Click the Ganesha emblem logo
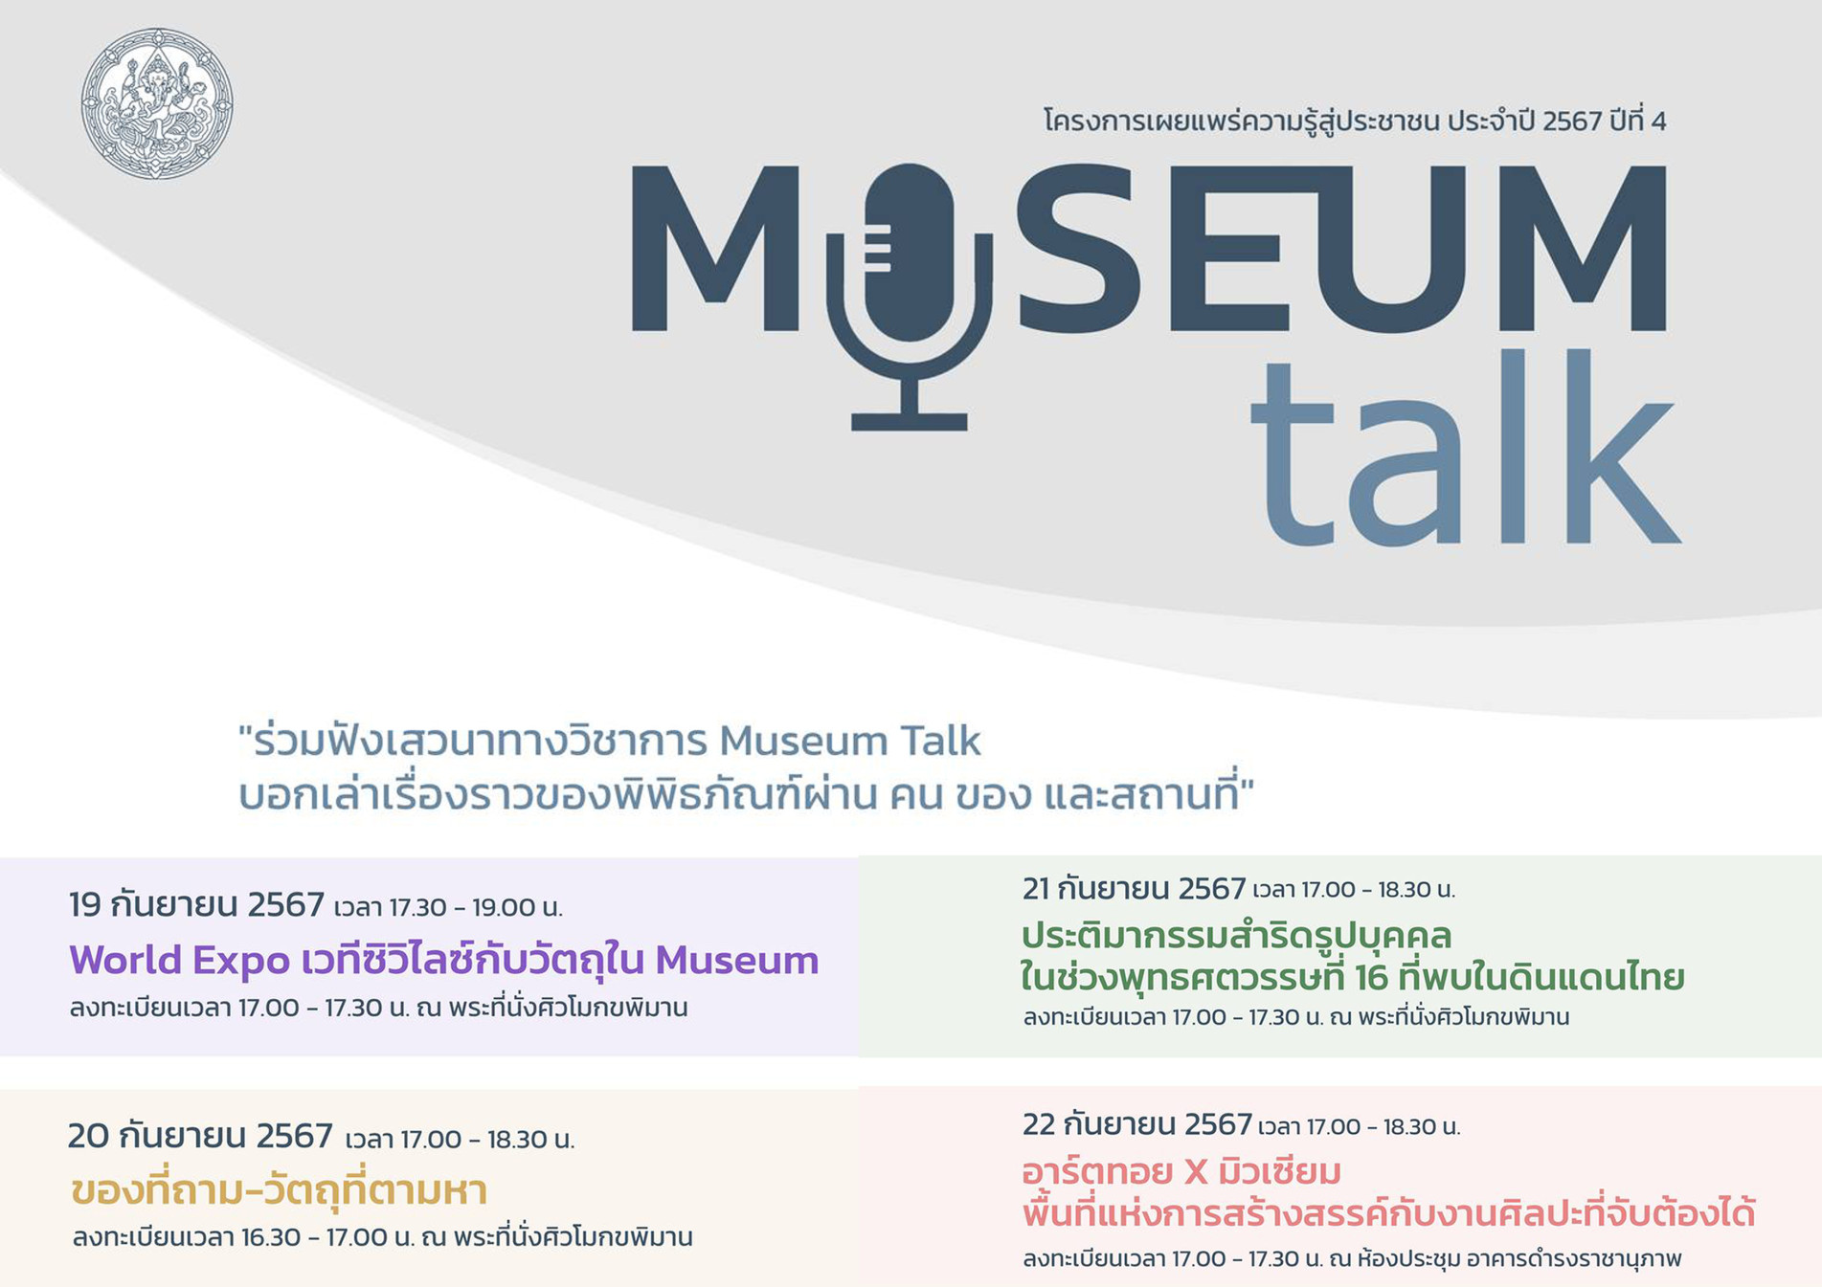[x=157, y=103]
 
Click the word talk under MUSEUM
[x=1466, y=448]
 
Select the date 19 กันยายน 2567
[x=196, y=904]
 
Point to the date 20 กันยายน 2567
[x=200, y=1136]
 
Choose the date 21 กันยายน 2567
[x=1134, y=889]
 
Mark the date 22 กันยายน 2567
[x=1137, y=1124]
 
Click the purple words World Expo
[x=179, y=960]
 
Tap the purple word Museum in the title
[x=736, y=960]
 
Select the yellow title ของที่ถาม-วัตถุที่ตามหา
[x=280, y=1190]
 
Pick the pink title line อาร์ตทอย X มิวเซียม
[x=1181, y=1171]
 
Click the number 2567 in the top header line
[x=1572, y=122]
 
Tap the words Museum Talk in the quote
[x=849, y=741]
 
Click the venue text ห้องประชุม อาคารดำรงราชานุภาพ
[x=1518, y=1258]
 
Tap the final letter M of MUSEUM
[x=1586, y=249]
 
